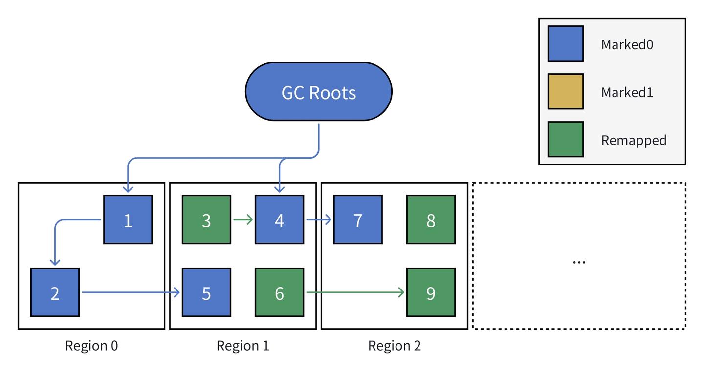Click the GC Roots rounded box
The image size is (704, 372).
click(x=318, y=92)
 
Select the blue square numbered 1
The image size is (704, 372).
click(x=128, y=220)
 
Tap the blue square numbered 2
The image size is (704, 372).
click(x=55, y=292)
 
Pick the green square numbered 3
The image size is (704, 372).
click(x=206, y=220)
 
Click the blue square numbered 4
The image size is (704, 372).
click(x=279, y=220)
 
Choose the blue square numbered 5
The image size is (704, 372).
click(x=206, y=292)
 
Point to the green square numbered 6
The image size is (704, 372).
click(x=279, y=292)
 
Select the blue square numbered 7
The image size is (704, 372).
click(x=358, y=220)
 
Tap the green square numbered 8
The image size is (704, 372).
click(x=431, y=220)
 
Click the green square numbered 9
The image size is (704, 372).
click(x=431, y=292)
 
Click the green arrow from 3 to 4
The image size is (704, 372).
click(x=242, y=220)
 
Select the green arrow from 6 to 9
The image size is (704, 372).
click(x=354, y=292)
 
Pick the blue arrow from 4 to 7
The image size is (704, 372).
click(x=318, y=220)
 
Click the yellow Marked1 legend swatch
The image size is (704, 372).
click(x=565, y=91)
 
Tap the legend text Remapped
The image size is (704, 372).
click(x=634, y=140)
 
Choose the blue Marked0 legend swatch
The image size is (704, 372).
click(x=565, y=43)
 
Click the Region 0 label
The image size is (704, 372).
click(x=91, y=346)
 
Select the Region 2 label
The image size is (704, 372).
click(x=394, y=346)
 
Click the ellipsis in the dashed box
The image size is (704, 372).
click(x=579, y=261)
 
